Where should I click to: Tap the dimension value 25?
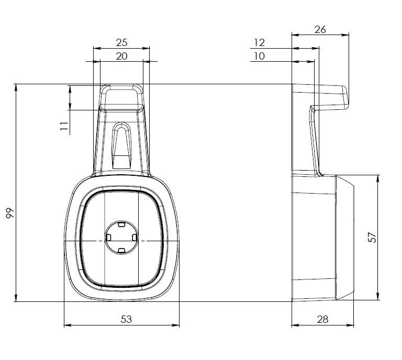[121, 42]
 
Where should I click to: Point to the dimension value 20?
[121, 56]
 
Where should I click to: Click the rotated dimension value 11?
[64, 126]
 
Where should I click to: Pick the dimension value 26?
[320, 30]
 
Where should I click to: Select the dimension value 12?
[259, 42]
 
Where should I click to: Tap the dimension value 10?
[259, 56]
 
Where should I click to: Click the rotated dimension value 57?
[372, 237]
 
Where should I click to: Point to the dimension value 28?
[322, 319]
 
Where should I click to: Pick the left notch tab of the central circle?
[108, 238]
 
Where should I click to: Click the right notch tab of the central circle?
[134, 238]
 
